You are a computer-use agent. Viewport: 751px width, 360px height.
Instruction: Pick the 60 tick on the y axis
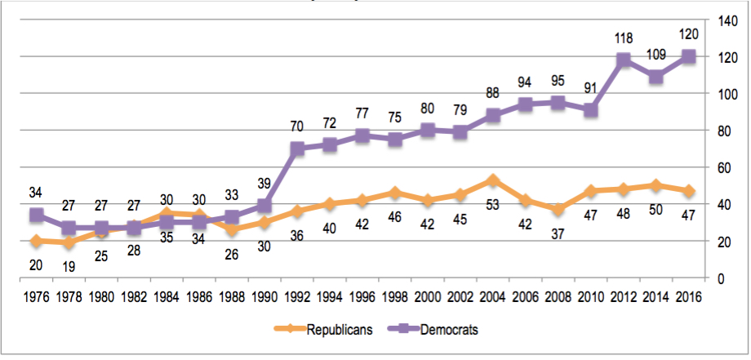pyautogui.click(x=725, y=167)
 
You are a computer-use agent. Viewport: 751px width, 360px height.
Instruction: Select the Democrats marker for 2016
pyautogui.click(x=689, y=56)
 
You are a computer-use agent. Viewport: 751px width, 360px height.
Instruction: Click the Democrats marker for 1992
pyautogui.click(x=298, y=149)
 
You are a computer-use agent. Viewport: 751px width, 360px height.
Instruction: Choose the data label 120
pyautogui.click(x=689, y=34)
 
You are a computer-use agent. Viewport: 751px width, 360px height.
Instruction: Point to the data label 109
pyautogui.click(x=657, y=56)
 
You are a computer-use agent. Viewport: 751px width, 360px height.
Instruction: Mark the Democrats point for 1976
pyautogui.click(x=35, y=215)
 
